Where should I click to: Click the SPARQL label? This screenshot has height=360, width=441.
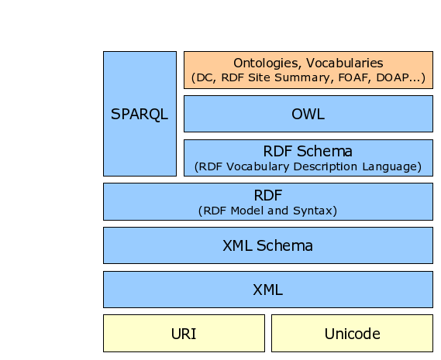point(140,114)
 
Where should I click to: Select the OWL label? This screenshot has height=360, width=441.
point(308,114)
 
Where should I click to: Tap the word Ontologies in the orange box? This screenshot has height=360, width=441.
point(266,63)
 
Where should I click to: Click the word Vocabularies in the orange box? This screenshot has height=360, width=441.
point(345,63)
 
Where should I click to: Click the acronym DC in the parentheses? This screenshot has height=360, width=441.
point(204,77)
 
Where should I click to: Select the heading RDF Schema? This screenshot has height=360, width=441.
point(308,151)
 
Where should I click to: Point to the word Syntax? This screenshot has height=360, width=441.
point(312,211)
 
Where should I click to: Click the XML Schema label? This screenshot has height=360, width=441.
point(267,245)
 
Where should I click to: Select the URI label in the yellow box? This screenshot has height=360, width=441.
point(184,334)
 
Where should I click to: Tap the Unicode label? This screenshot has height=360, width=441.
point(352,334)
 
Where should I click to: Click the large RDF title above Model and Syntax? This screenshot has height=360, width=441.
point(267,195)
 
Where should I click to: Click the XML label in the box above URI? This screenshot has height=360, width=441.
point(267,290)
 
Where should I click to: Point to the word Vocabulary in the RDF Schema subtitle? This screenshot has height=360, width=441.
point(257,166)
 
